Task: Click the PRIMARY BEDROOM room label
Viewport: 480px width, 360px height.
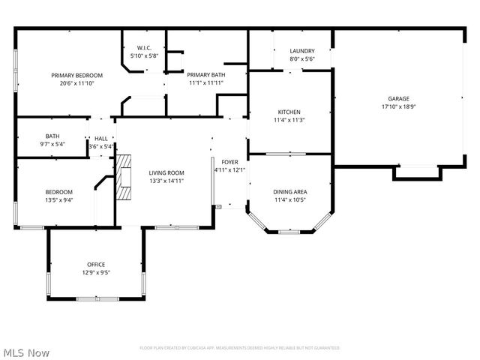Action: click(76, 76)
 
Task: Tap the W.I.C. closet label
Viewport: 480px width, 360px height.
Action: click(145, 47)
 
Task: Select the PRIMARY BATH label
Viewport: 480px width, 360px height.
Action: click(205, 75)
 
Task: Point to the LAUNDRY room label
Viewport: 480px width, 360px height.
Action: click(301, 51)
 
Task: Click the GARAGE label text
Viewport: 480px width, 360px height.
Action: click(398, 98)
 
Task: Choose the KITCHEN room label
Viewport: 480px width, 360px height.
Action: click(289, 112)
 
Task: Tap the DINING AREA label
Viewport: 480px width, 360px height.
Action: click(290, 192)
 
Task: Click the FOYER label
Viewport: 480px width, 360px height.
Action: click(229, 162)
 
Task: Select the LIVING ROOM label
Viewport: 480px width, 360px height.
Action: click(166, 172)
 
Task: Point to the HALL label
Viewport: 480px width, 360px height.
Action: click(100, 139)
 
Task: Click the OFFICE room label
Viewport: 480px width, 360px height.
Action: click(95, 264)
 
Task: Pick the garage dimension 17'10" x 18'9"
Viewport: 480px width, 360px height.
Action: click(398, 106)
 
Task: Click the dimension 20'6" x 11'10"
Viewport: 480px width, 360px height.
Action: click(76, 84)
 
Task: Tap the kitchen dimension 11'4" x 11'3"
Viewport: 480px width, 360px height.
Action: click(289, 120)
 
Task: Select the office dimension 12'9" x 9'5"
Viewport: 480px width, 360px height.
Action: click(95, 272)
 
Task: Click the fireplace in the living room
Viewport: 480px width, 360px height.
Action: click(124, 179)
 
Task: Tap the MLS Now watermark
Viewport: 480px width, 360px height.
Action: click(27, 352)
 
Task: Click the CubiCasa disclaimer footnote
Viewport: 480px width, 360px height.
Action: click(239, 348)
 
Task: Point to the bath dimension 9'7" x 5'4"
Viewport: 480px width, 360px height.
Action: click(52, 144)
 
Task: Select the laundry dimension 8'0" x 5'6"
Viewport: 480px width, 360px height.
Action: click(301, 59)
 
